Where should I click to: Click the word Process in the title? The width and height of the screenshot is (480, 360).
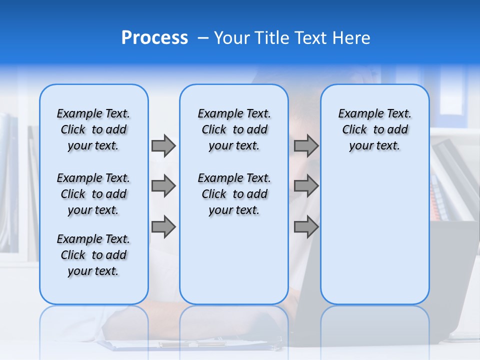[x=154, y=38]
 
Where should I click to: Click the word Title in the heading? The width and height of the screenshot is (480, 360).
[x=271, y=38]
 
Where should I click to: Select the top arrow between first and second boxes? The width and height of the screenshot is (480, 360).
[x=163, y=146]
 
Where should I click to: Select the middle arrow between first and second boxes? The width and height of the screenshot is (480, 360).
[x=163, y=186]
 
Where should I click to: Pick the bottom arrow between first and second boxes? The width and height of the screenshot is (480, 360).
[x=163, y=227]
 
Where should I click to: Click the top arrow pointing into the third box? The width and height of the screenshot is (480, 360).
[x=306, y=146]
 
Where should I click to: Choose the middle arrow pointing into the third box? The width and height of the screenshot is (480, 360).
[x=306, y=186]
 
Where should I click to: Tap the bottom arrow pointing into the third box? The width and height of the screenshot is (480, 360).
[x=306, y=227]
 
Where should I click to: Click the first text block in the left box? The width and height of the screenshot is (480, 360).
[x=93, y=129]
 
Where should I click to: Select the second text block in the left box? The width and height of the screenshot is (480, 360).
[x=93, y=194]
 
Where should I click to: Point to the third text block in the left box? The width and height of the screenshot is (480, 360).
[x=93, y=255]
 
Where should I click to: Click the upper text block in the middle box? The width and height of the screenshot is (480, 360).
[x=234, y=129]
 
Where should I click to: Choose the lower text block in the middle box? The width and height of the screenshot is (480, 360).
[x=234, y=194]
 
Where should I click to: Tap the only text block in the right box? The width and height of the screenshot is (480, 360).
[x=374, y=129]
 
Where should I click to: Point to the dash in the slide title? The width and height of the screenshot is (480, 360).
[x=203, y=38]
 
